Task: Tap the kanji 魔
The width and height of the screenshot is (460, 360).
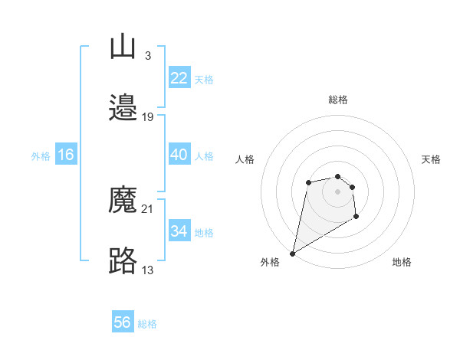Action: click(x=123, y=201)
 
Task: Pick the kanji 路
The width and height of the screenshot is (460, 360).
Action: click(x=123, y=261)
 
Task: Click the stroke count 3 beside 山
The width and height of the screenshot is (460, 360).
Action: click(x=147, y=55)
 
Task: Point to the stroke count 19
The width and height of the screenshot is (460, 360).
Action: click(x=148, y=116)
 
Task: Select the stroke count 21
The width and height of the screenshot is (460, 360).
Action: click(x=148, y=208)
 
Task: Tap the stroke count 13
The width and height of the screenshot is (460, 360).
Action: click(x=148, y=269)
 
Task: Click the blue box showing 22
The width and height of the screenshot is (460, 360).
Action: click(x=179, y=78)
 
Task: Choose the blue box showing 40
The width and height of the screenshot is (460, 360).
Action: click(x=179, y=155)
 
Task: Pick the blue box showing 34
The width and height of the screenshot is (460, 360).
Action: click(x=179, y=231)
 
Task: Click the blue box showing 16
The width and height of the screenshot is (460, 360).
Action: click(x=66, y=155)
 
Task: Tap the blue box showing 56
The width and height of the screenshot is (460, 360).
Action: click(x=123, y=322)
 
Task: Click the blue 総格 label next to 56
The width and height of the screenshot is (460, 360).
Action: click(x=147, y=324)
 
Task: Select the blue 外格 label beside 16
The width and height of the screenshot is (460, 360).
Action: click(x=41, y=155)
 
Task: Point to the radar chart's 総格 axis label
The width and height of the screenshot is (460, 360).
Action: click(x=338, y=100)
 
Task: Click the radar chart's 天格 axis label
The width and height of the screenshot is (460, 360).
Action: click(x=431, y=159)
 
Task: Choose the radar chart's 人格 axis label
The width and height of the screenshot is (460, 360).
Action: click(x=245, y=159)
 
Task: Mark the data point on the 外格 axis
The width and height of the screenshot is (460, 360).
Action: click(x=292, y=254)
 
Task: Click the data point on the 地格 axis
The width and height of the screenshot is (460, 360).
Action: click(x=356, y=217)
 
